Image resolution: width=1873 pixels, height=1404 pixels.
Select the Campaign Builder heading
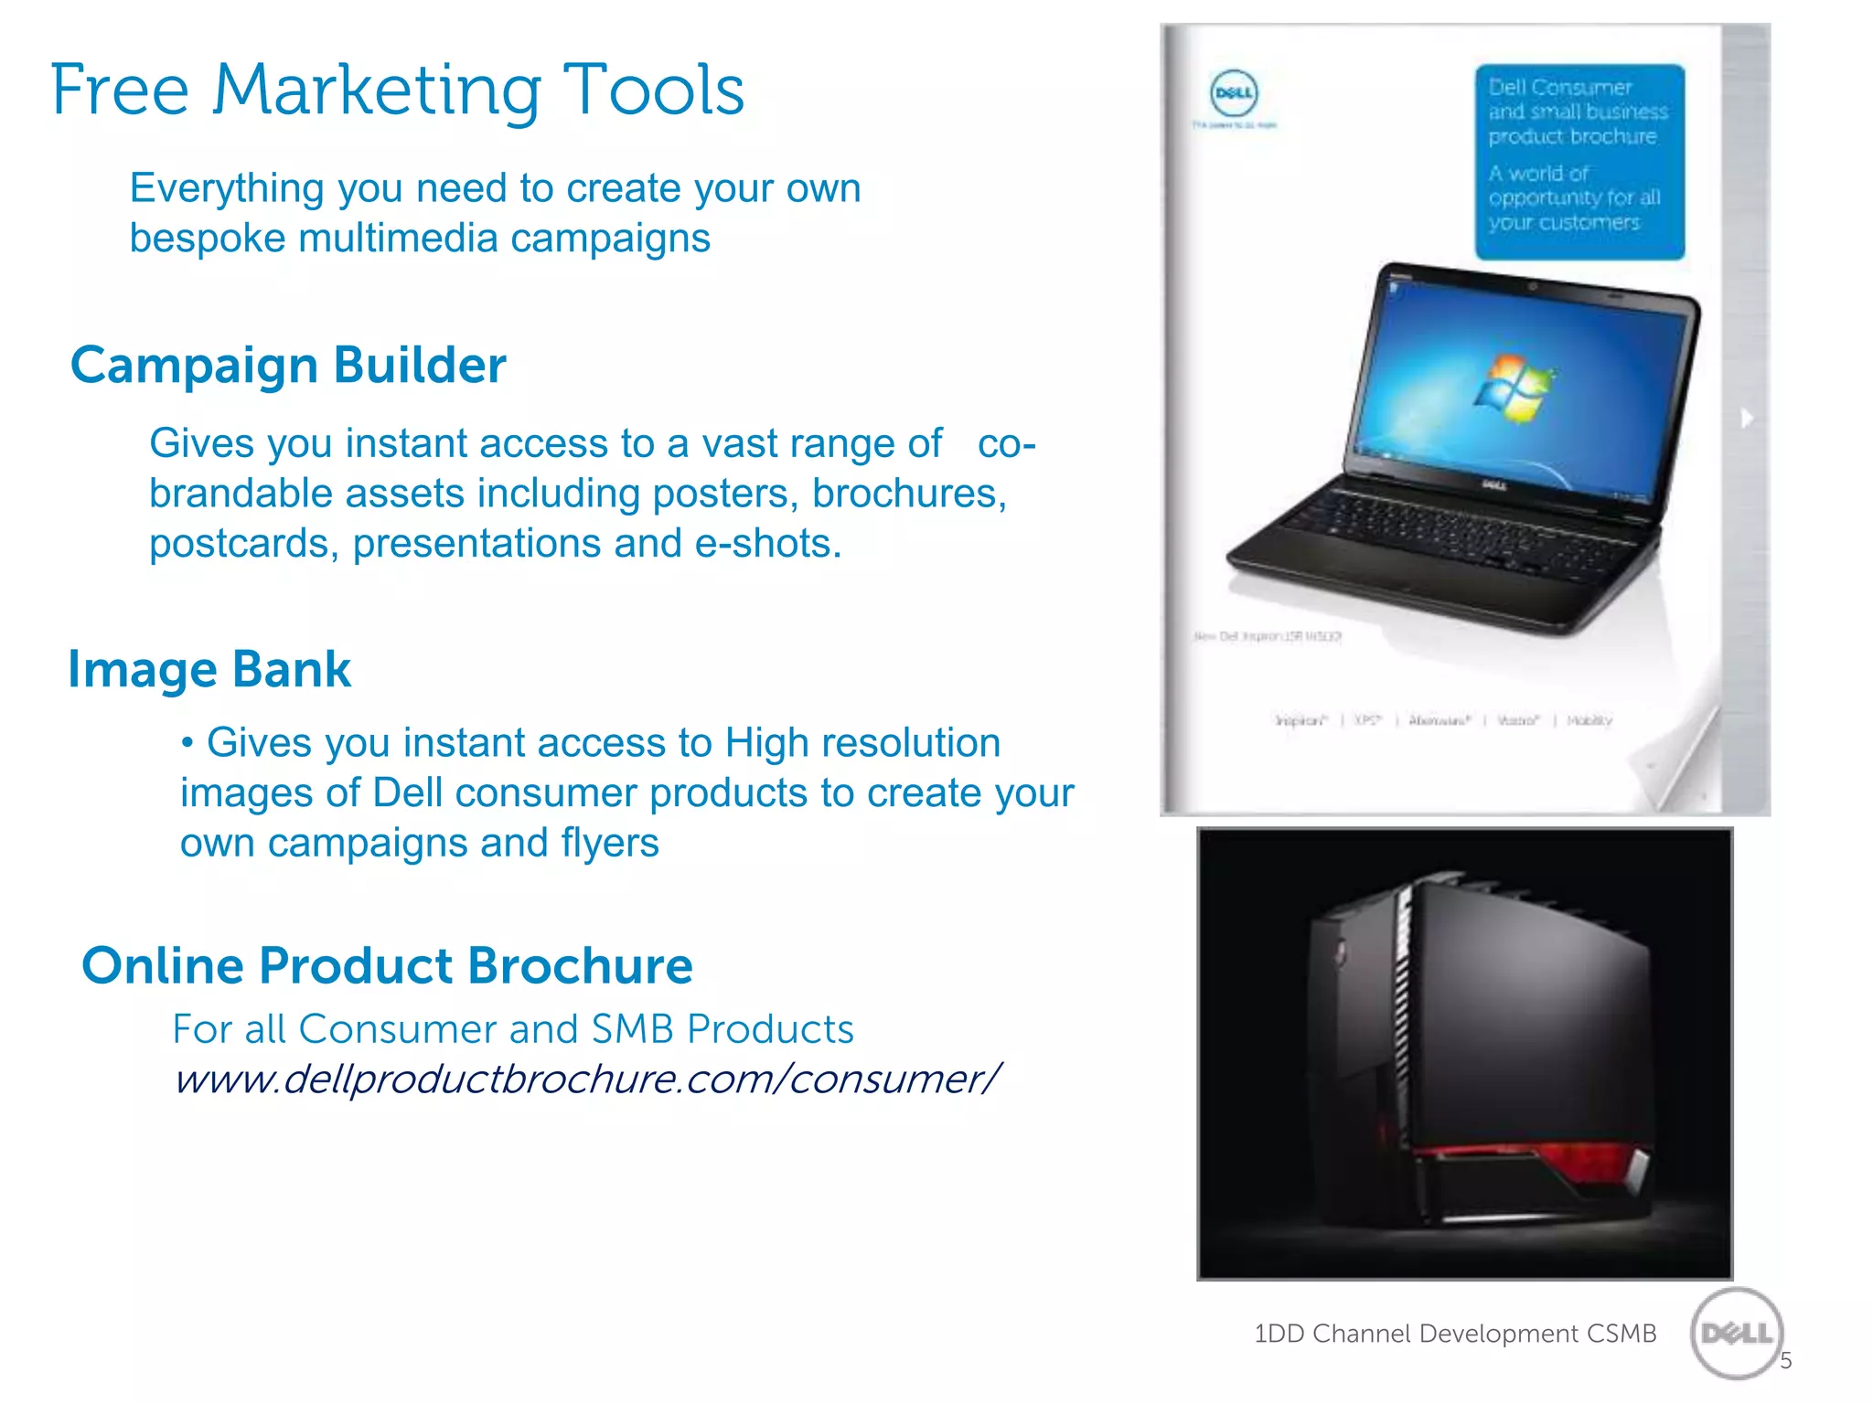[288, 366]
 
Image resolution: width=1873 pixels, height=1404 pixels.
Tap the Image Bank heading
[209, 669]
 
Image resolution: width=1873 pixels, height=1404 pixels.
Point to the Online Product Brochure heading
[387, 965]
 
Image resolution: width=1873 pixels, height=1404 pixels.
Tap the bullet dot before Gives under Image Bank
[187, 743]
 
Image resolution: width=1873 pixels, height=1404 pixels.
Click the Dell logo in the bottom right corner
[1736, 1334]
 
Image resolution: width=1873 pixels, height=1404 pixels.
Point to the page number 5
[1785, 1361]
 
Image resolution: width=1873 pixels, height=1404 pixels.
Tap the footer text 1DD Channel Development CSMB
[1454, 1334]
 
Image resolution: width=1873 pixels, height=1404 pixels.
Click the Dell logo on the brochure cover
[1234, 93]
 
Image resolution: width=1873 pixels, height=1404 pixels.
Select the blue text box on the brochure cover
[1579, 161]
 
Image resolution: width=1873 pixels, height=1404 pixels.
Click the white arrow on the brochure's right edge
[1747, 418]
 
